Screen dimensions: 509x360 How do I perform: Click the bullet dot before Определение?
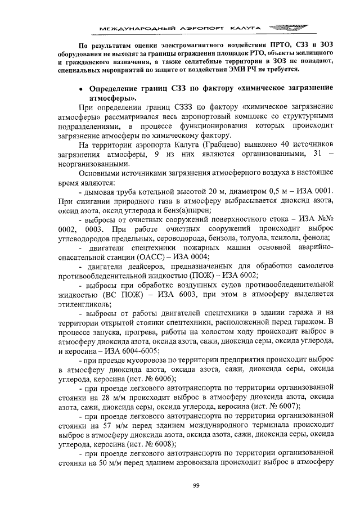pyautogui.click(x=82, y=89)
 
